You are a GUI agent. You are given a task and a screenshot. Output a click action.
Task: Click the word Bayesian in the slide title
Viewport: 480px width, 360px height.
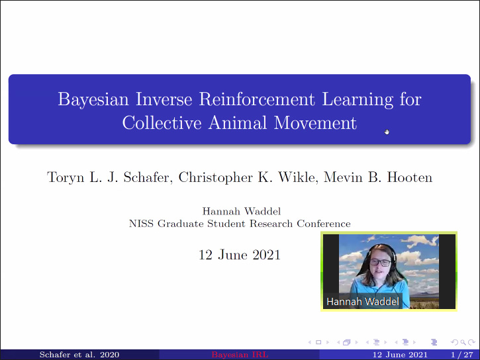tap(93, 100)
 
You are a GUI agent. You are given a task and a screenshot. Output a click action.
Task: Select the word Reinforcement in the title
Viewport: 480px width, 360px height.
tap(256, 99)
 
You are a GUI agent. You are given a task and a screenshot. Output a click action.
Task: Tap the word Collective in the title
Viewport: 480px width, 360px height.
tap(162, 122)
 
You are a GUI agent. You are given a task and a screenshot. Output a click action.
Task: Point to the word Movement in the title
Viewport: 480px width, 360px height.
tap(315, 122)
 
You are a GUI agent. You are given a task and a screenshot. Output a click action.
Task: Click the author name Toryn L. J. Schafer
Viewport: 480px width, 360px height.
tap(108, 177)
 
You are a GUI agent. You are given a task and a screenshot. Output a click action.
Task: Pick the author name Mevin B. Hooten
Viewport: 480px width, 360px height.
tap(378, 177)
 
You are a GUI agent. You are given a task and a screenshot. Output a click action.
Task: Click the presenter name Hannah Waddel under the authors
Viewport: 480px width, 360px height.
tap(241, 211)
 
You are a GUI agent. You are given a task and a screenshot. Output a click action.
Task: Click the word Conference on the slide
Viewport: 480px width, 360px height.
tap(324, 224)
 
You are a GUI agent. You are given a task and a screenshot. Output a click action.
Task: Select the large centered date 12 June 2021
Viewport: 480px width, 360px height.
tap(240, 255)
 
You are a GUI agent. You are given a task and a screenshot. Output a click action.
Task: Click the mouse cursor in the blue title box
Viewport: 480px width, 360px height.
tap(387, 132)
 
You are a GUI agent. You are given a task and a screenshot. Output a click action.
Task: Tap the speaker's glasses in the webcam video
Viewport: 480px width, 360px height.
tap(380, 263)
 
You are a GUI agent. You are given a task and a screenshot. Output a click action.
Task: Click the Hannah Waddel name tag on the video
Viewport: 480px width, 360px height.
tap(363, 302)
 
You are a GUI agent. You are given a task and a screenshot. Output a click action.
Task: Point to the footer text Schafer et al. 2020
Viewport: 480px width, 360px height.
tap(79, 355)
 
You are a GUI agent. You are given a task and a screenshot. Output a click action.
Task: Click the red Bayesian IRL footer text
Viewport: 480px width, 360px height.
tap(240, 355)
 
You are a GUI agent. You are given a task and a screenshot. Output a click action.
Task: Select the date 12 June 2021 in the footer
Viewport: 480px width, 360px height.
tap(400, 355)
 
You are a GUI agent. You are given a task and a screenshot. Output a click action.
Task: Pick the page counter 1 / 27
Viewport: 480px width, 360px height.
tap(462, 355)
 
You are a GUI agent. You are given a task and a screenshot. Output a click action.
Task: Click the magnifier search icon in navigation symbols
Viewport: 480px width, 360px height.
tap(463, 342)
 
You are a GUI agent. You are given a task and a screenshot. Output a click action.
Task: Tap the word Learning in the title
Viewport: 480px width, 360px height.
tap(358, 100)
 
